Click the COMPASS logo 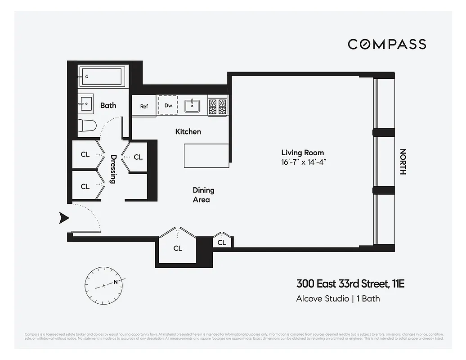(387, 44)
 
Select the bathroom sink (85, 105)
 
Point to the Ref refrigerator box (144, 106)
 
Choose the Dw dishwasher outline (168, 105)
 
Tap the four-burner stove (218, 106)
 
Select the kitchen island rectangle (206, 156)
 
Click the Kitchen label (188, 131)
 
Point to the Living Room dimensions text (303, 162)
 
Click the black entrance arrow (64, 219)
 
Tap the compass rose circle (104, 284)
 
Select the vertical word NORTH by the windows (403, 162)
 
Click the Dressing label (113, 169)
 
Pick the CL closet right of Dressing (138, 157)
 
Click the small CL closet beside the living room (222, 243)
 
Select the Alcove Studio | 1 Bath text (338, 298)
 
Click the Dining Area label (203, 195)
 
